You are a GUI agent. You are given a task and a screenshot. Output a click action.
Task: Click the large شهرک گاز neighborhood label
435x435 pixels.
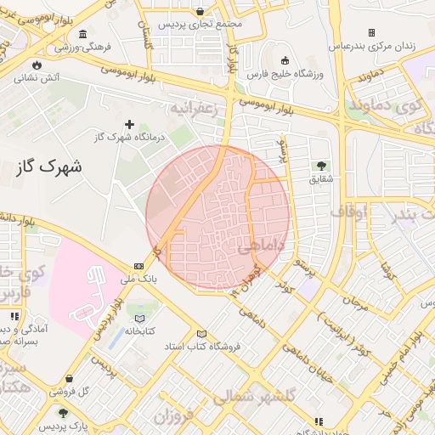(x=49, y=167)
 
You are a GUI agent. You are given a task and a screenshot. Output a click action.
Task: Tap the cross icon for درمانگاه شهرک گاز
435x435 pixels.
(x=129, y=124)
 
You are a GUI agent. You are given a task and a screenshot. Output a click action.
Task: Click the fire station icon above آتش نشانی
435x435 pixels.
(x=36, y=65)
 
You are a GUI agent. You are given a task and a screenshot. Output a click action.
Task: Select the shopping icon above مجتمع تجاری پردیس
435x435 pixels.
(x=200, y=12)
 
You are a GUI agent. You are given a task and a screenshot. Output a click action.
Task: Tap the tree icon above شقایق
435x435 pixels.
(x=321, y=165)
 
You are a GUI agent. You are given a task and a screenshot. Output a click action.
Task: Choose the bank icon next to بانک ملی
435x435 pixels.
(x=139, y=265)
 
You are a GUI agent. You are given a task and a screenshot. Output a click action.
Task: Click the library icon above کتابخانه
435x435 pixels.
(x=140, y=318)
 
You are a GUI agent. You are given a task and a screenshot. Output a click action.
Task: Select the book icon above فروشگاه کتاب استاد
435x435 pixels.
(x=201, y=333)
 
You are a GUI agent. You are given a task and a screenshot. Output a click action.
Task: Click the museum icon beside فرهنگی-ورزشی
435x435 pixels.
(x=82, y=35)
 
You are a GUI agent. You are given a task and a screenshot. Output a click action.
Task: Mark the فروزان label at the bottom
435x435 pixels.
(x=174, y=418)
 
